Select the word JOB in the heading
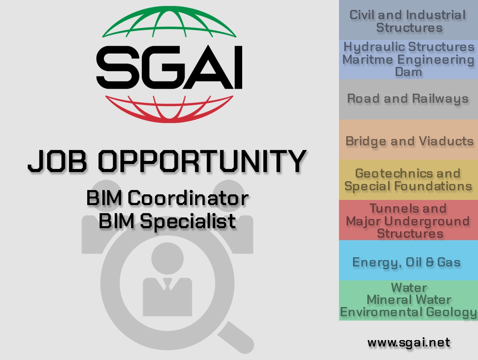coord(57,161)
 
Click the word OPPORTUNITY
coord(202,161)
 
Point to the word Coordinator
coord(188,198)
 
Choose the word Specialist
coord(188,221)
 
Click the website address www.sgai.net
coord(409,342)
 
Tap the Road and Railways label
coord(407,99)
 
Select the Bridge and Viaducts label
coord(409,141)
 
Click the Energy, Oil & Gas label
coord(406,262)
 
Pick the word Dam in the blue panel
coord(408,72)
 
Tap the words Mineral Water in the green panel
coord(409,300)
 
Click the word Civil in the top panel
coord(362,15)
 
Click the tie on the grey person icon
coord(167,284)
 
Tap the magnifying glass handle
coord(236,337)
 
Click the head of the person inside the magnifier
coord(167,258)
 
